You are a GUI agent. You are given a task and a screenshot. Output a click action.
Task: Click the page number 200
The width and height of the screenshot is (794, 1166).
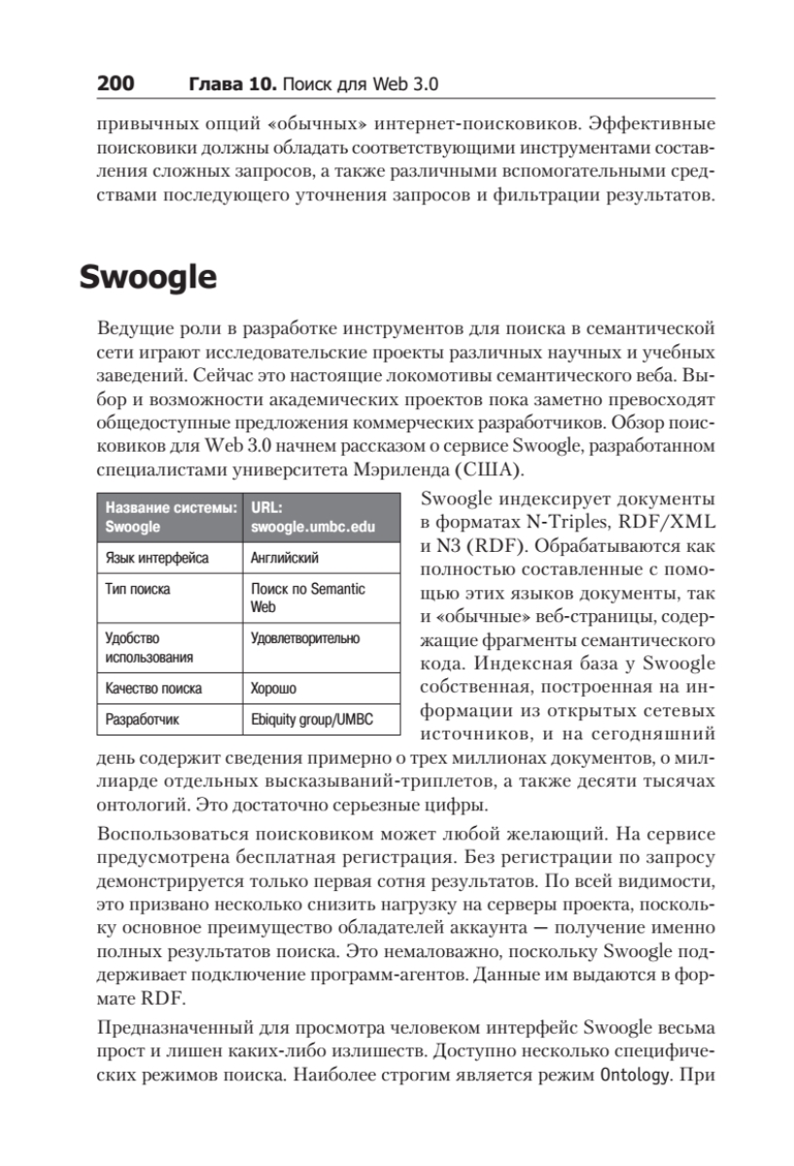coord(115,84)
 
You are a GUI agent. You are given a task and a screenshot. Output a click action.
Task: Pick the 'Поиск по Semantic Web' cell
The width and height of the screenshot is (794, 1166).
coord(307,598)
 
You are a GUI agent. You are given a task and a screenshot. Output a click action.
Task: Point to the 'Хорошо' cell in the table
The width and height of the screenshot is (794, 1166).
coord(274,688)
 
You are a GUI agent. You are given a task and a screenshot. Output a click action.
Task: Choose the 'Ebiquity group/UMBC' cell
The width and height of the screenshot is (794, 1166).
coord(312,720)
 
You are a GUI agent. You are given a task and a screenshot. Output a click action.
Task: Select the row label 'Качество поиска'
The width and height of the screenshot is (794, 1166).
coord(154,688)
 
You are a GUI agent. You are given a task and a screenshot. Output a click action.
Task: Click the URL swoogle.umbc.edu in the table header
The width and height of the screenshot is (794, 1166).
coord(312,528)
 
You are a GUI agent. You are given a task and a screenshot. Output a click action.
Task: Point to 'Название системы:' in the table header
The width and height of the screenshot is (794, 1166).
coord(170,507)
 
